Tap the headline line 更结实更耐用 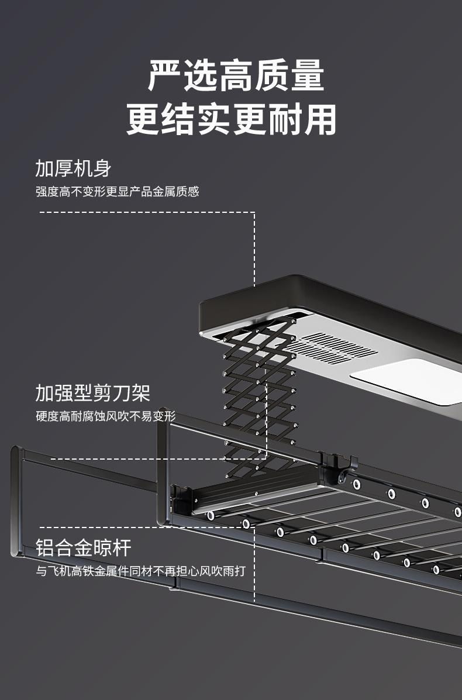pos(232,120)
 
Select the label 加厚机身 pos(73,168)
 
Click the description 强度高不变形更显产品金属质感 pos(117,192)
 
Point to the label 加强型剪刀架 pos(92,393)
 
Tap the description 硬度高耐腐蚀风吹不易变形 pos(105,416)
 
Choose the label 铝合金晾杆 pos(83,548)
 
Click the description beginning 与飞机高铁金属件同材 pos(140,571)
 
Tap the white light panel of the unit pos(409,380)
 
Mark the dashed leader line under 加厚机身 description pos(146,212)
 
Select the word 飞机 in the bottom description pos(58,571)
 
